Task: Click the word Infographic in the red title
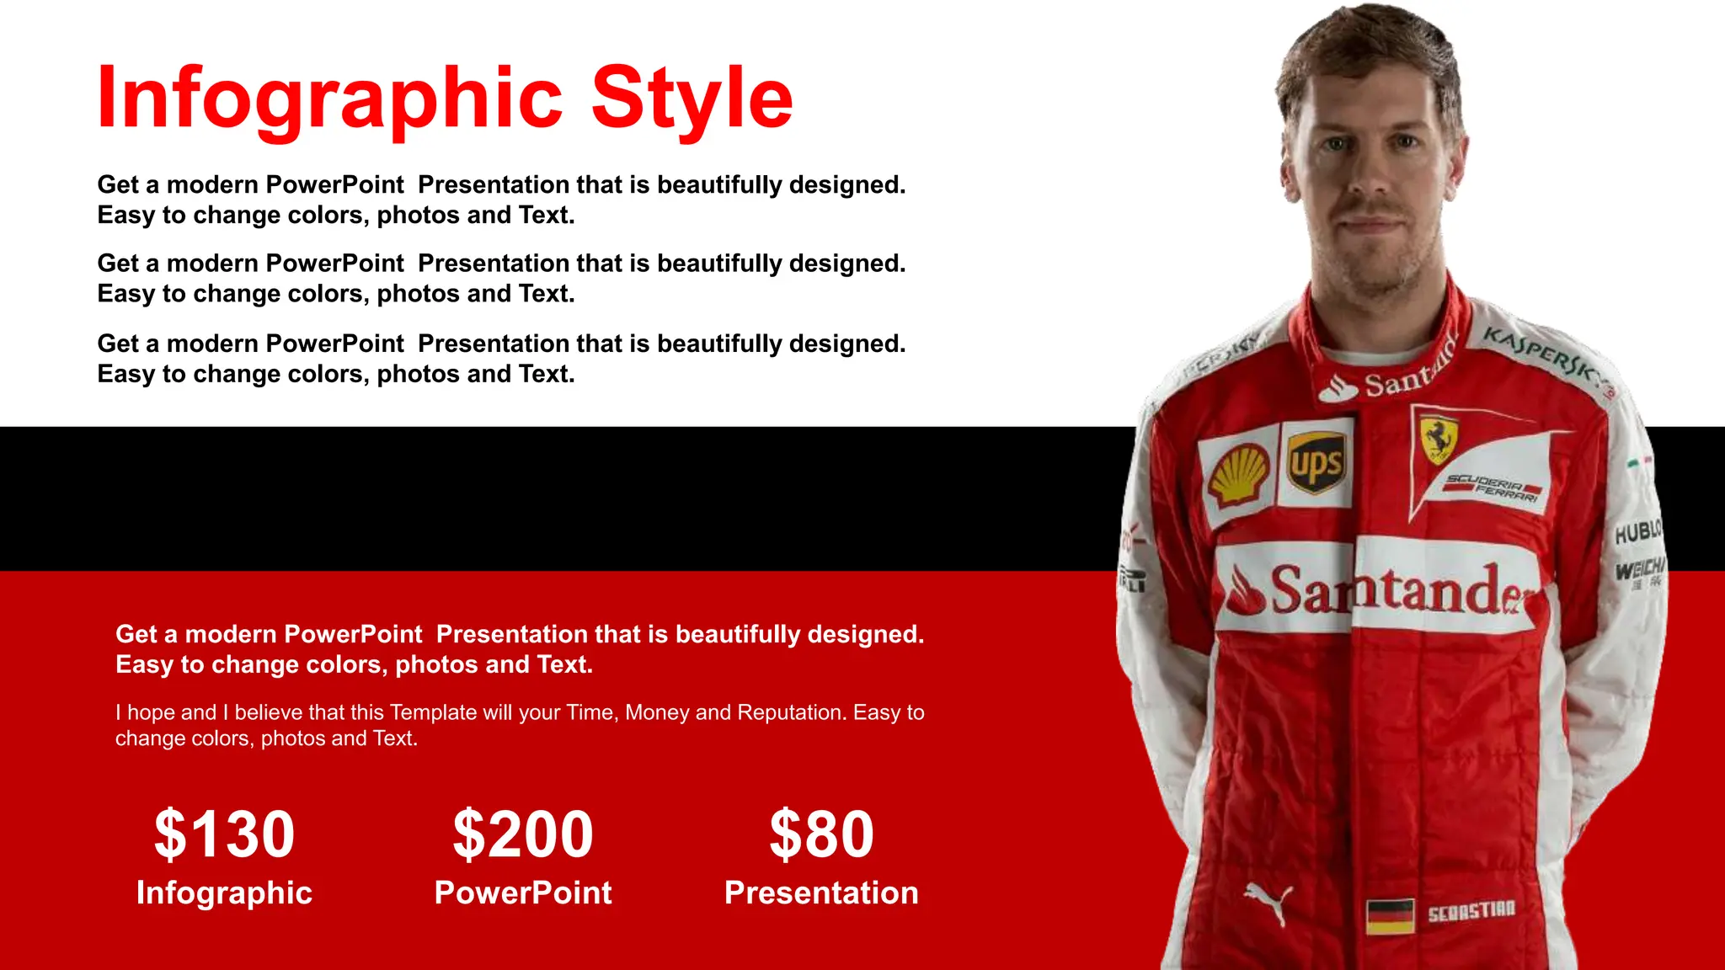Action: point(329,99)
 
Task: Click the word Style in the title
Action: point(692,99)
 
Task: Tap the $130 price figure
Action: point(224,834)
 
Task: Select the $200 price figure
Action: point(523,834)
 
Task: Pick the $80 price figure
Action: point(821,834)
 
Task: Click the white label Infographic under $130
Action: point(224,893)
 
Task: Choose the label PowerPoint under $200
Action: point(523,893)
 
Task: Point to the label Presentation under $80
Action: point(821,893)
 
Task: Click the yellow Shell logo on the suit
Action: point(1238,473)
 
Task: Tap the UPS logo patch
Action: point(1316,462)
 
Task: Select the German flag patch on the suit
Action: point(1390,916)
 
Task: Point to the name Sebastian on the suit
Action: point(1471,911)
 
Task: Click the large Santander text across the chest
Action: point(1381,590)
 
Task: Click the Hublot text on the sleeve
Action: point(1637,531)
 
